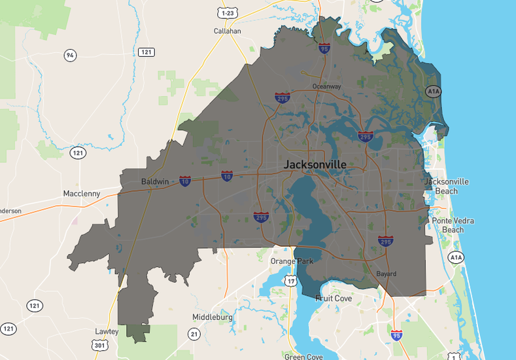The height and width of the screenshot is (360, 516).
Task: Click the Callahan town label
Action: pyautogui.click(x=227, y=31)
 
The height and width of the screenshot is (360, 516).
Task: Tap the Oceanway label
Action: pyautogui.click(x=326, y=86)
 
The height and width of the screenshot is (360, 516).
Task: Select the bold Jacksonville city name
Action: pyautogui.click(x=315, y=164)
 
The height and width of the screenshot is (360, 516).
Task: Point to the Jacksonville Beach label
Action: pyautogui.click(x=447, y=186)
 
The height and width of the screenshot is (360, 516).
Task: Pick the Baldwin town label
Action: pyautogui.click(x=155, y=181)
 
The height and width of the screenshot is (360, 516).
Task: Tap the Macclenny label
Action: pyautogui.click(x=82, y=194)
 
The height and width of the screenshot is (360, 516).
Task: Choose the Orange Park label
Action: pyautogui.click(x=292, y=261)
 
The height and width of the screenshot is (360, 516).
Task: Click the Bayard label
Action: pyautogui.click(x=386, y=274)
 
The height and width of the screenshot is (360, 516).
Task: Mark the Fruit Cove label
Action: pyautogui.click(x=334, y=298)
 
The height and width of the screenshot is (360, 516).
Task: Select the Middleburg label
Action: pyautogui.click(x=213, y=317)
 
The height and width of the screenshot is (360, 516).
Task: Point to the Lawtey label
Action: pyautogui.click(x=107, y=332)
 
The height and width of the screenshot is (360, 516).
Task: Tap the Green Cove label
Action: pyautogui.click(x=303, y=357)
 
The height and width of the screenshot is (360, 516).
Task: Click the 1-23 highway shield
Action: pyautogui.click(x=228, y=13)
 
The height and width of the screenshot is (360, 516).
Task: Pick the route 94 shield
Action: pyautogui.click(x=70, y=55)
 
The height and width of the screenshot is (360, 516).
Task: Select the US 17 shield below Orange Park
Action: pyautogui.click(x=290, y=281)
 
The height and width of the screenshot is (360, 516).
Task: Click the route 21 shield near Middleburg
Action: pyautogui.click(x=194, y=334)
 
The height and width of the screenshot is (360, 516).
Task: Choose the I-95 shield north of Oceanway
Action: pyautogui.click(x=324, y=48)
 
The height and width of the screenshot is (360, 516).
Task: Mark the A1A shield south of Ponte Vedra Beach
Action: pyautogui.click(x=456, y=258)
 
